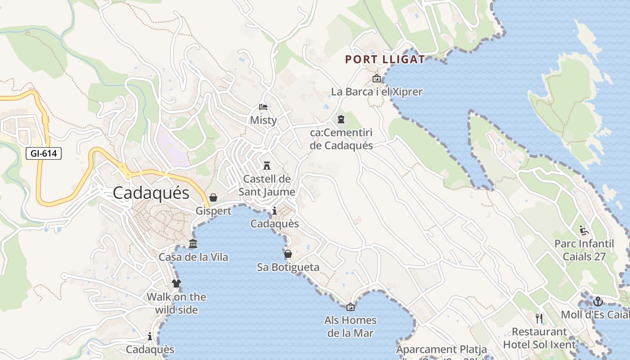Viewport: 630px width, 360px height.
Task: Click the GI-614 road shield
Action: pyautogui.click(x=44, y=153)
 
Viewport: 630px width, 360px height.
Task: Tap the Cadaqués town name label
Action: pyautogui.click(x=151, y=193)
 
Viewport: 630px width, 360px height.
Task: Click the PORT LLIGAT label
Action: pyautogui.click(x=385, y=59)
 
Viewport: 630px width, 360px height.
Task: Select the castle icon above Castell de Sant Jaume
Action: pyautogui.click(x=267, y=165)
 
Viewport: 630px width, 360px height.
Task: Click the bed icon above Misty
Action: pyautogui.click(x=263, y=107)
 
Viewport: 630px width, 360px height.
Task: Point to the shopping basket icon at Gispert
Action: pyautogui.click(x=213, y=198)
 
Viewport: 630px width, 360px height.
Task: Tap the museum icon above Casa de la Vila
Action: pyautogui.click(x=193, y=244)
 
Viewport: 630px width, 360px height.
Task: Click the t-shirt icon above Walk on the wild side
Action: pyautogui.click(x=176, y=283)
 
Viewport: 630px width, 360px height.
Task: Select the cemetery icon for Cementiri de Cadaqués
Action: pyautogui.click(x=341, y=119)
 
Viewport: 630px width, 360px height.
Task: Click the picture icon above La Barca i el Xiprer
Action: pyautogui.click(x=377, y=79)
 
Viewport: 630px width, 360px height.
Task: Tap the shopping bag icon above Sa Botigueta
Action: pyautogui.click(x=288, y=254)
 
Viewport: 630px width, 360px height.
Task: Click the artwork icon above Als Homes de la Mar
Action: pyautogui.click(x=351, y=307)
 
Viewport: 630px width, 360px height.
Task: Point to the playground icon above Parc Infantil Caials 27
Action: pyautogui.click(x=584, y=230)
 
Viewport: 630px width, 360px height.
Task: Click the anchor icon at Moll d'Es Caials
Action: pyautogui.click(x=598, y=301)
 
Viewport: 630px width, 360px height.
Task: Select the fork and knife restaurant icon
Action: pyautogui.click(x=539, y=319)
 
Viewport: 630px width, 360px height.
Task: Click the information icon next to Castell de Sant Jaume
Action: pyautogui.click(x=274, y=211)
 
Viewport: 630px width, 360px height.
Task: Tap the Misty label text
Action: pyautogui.click(x=263, y=121)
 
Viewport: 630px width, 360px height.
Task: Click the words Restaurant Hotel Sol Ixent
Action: pyautogui.click(x=539, y=338)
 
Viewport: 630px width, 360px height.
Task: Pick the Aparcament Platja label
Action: pyautogui.click(x=441, y=350)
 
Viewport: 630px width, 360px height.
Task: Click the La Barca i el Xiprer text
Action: pyautogui.click(x=377, y=92)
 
